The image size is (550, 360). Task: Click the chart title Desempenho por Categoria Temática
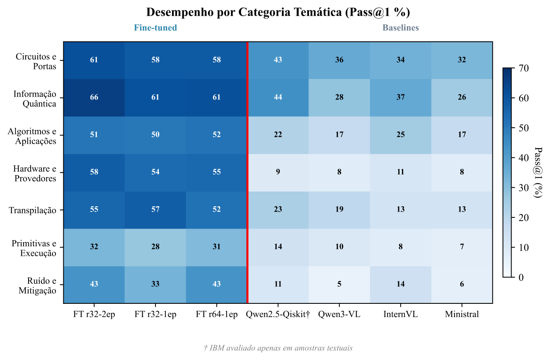pyautogui.click(x=278, y=12)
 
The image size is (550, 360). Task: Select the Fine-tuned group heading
pyautogui.click(x=155, y=28)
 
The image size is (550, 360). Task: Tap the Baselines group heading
pyautogui.click(x=400, y=28)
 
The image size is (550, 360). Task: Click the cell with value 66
pyautogui.click(x=94, y=98)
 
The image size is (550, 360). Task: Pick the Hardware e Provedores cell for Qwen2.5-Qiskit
pyautogui.click(x=278, y=172)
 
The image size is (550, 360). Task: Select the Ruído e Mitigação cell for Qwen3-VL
pyautogui.click(x=339, y=284)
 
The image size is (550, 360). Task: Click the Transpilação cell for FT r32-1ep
pyautogui.click(x=155, y=210)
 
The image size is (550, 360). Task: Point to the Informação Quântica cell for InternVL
pyautogui.click(x=400, y=98)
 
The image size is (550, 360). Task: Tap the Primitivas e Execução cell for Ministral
pyautogui.click(x=462, y=247)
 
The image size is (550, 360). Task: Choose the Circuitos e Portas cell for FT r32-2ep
pyautogui.click(x=94, y=60)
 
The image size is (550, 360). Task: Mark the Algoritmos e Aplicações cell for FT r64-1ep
pyautogui.click(x=217, y=135)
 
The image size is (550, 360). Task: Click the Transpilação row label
pyautogui.click(x=32, y=210)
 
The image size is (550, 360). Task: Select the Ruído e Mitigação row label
pyautogui.click(x=37, y=286)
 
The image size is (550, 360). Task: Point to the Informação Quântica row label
pyautogui.click(x=35, y=99)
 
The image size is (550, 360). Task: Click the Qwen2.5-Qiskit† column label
pyautogui.click(x=278, y=315)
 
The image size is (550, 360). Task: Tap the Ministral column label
pyautogui.click(x=462, y=315)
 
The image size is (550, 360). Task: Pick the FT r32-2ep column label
pyautogui.click(x=94, y=315)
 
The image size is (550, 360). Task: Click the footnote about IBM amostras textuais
pyautogui.click(x=278, y=348)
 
